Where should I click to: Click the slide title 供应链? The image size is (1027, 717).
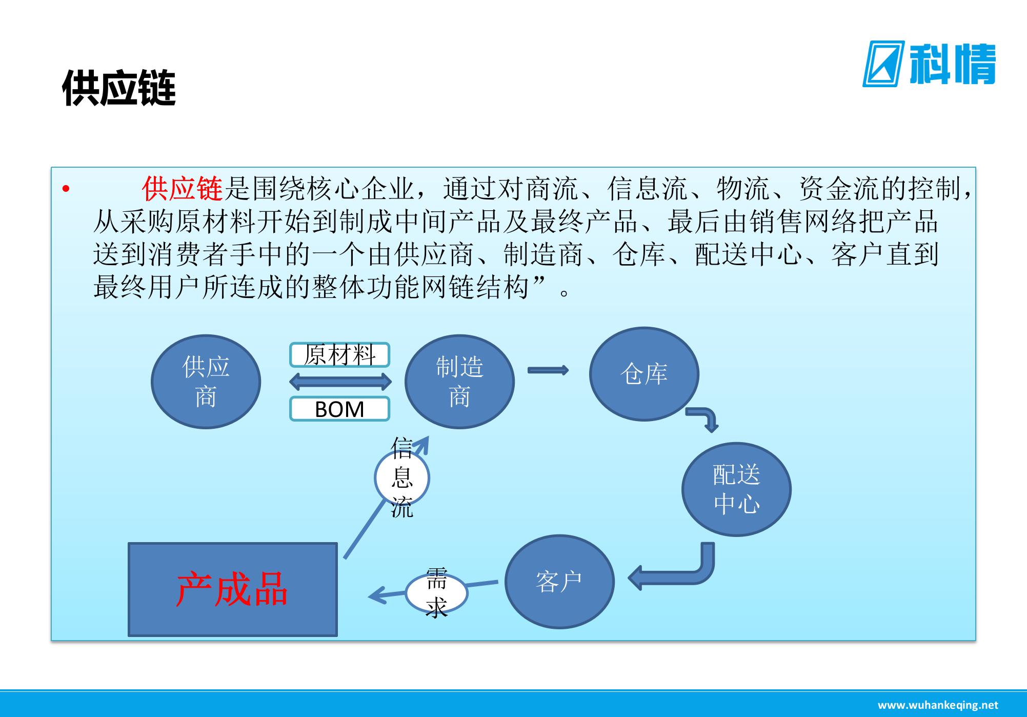119,88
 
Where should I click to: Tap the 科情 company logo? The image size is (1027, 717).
929,64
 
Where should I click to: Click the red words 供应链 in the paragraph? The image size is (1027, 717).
182,189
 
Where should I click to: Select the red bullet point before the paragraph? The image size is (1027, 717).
66,189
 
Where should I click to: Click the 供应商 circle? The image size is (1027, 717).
206,382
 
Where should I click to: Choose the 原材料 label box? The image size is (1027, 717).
339,355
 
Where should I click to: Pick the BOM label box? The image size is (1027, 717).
339,409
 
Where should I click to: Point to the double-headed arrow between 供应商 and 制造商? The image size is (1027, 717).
340,381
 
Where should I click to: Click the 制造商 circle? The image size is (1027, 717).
459,382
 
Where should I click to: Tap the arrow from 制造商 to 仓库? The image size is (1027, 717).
548,370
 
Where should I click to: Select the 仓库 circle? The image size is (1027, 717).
644,374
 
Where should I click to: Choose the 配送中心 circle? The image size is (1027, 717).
736,489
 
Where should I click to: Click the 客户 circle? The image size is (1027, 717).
559,582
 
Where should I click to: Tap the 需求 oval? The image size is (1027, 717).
436,593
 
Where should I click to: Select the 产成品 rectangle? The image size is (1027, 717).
233,589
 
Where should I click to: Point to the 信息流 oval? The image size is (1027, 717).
402,477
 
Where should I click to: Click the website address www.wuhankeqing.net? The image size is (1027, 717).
938,705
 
